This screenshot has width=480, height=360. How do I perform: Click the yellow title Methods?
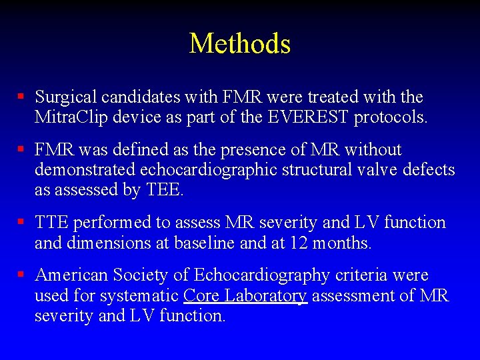pos(240,44)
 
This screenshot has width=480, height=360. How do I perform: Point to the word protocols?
pos(391,118)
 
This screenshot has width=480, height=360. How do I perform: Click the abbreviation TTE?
pos(52,223)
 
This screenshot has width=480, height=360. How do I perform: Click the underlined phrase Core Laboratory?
pos(245,295)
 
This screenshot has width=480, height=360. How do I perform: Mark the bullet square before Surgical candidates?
pos(21,97)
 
